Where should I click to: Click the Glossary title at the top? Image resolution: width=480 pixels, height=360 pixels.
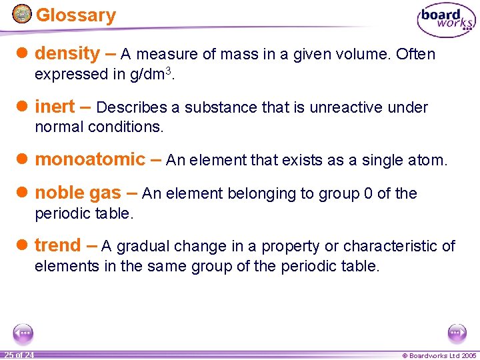click(x=75, y=15)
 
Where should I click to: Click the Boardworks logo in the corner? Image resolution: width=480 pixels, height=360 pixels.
click(x=446, y=20)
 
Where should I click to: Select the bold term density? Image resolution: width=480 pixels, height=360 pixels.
click(x=67, y=53)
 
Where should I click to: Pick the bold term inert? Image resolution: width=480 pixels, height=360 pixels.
click(x=55, y=107)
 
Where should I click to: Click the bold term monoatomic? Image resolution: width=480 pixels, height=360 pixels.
click(x=90, y=159)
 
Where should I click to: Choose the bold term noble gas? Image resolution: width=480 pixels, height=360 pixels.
click(x=78, y=193)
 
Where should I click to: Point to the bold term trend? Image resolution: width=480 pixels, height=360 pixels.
click(x=57, y=245)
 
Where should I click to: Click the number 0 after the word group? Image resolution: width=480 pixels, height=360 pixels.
click(x=367, y=194)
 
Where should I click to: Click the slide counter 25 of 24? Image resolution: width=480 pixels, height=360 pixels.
click(x=19, y=355)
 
